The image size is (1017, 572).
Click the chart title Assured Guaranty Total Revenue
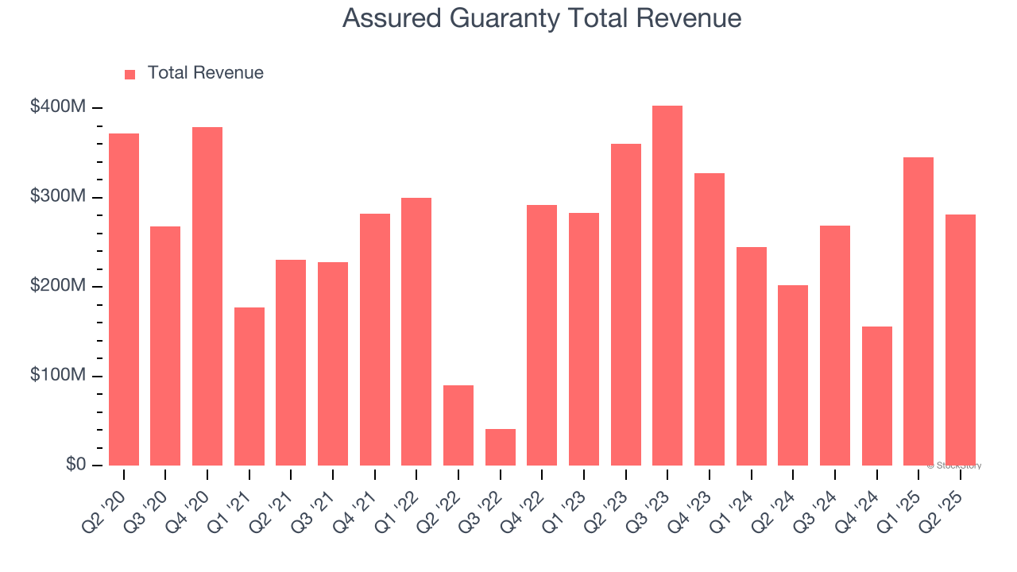click(x=542, y=18)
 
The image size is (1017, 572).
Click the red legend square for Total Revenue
click(x=130, y=74)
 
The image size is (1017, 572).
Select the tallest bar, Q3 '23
click(x=667, y=285)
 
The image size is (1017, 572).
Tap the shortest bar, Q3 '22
click(x=500, y=447)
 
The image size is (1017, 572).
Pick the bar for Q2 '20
click(x=124, y=300)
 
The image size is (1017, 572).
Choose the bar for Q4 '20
click(x=207, y=296)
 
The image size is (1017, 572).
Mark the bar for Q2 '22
click(x=458, y=425)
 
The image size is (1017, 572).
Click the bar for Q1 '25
click(x=918, y=311)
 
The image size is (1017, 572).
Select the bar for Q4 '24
click(x=876, y=396)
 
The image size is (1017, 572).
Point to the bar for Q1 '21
click(x=249, y=386)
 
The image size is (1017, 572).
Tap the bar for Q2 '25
click(x=960, y=340)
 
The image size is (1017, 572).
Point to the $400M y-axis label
click(x=58, y=106)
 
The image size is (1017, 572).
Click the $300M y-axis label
click(x=58, y=196)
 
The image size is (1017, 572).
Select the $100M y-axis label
click(x=58, y=375)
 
